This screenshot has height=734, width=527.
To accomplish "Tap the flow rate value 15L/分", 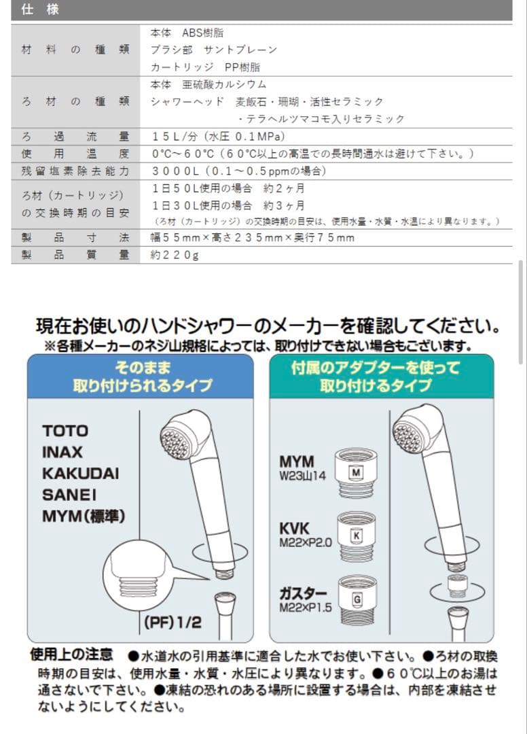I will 175,137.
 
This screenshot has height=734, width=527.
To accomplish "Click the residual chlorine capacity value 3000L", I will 175,171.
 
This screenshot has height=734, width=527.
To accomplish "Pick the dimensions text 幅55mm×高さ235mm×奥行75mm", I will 252,238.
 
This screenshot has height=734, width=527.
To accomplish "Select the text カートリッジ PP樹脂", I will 204,67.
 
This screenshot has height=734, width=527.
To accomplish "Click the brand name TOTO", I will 65,431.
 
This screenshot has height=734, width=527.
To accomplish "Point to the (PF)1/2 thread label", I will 172,621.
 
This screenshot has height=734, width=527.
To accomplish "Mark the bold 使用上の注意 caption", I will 71,655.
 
